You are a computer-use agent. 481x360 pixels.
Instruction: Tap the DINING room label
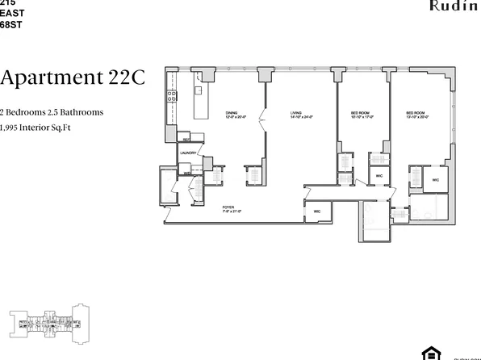coord(231,112)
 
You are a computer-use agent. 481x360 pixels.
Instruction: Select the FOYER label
coord(228,207)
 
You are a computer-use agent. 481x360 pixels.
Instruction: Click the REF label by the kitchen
coord(185,139)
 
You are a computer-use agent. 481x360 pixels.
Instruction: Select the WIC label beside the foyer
coord(317,211)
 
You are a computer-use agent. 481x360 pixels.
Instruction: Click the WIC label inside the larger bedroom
coord(435,179)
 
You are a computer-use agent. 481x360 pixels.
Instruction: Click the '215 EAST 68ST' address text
coord(12,14)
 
